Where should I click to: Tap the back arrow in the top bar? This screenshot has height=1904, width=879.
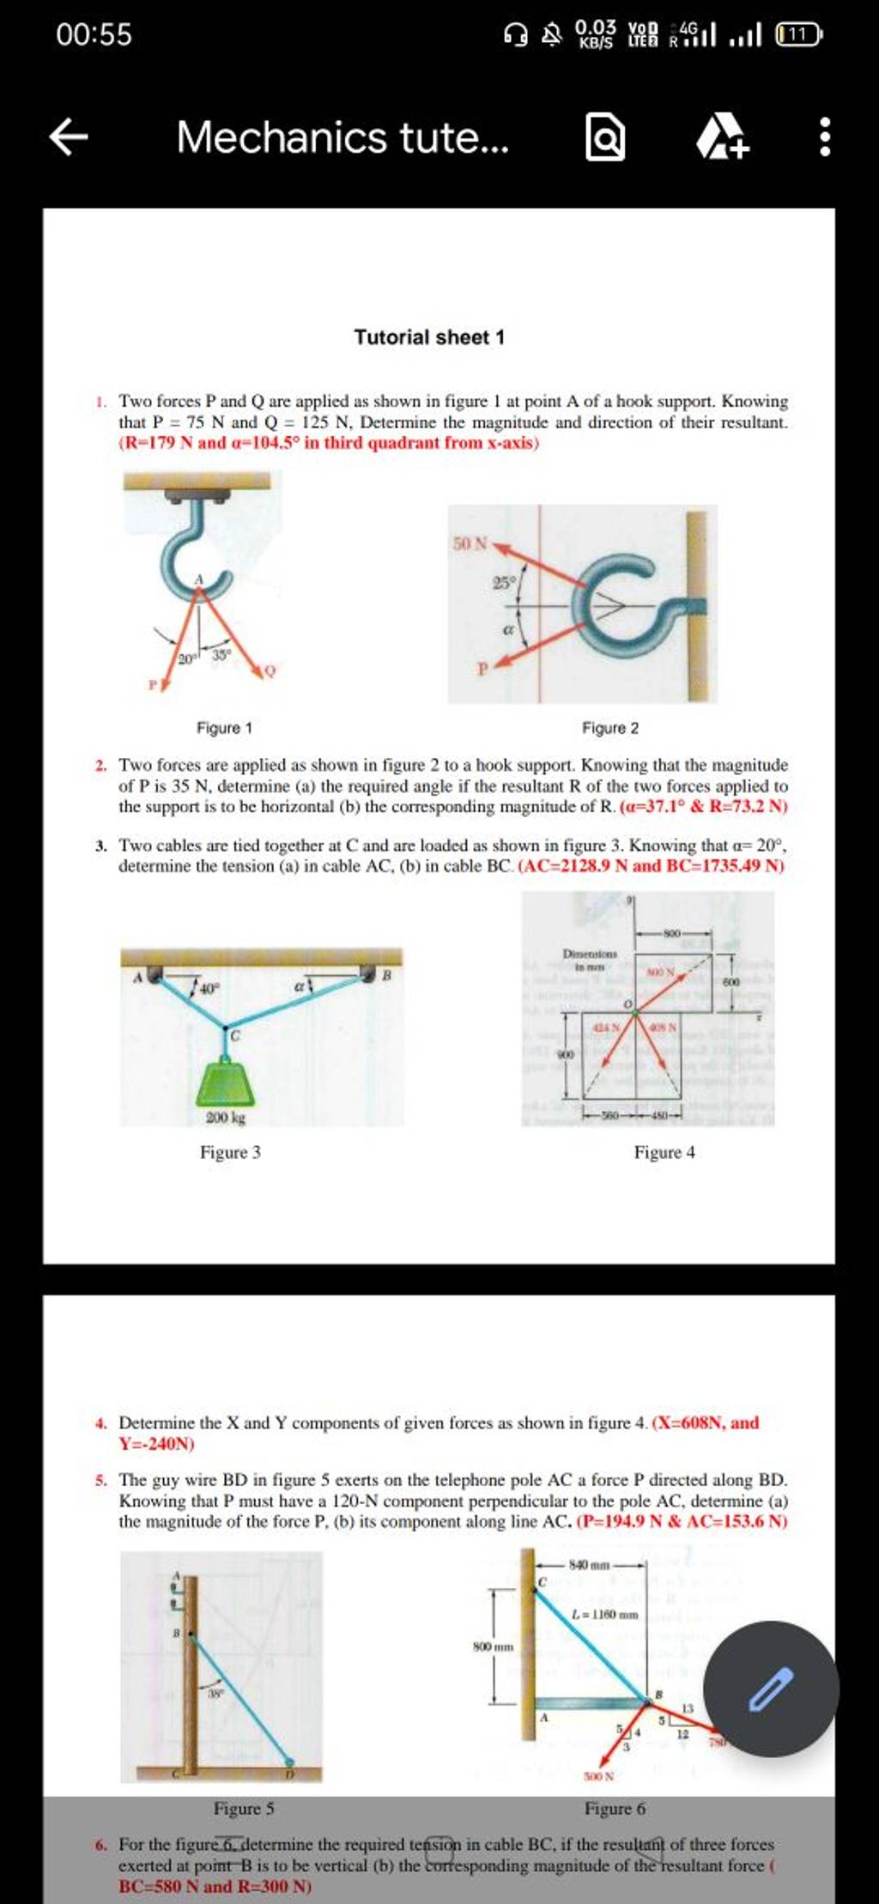tap(69, 137)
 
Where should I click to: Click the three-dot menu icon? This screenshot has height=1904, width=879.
tap(824, 137)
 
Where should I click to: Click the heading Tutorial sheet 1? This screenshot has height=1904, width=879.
tap(429, 337)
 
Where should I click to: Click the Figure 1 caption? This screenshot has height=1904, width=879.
tap(224, 728)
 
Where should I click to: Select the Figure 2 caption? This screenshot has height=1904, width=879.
tap(610, 728)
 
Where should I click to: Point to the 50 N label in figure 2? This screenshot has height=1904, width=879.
tap(469, 543)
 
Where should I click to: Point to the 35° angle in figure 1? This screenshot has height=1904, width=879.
tap(221, 654)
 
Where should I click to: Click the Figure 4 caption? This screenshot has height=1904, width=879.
tap(664, 1152)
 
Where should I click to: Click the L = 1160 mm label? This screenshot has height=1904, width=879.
tap(605, 1614)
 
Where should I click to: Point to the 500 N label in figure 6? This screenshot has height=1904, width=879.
tap(598, 1775)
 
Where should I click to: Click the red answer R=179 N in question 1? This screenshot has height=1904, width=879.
tap(159, 443)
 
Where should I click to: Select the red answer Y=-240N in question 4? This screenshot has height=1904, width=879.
tap(157, 1444)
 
